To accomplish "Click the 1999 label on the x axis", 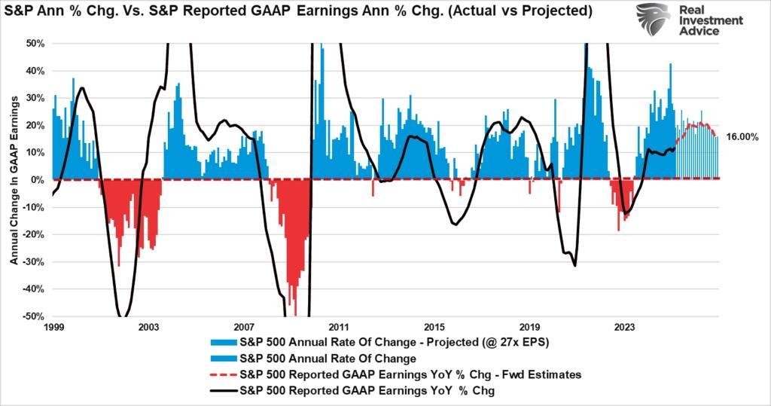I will click(53, 328).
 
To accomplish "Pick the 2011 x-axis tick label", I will click(339, 328).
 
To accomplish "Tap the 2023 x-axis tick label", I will click(624, 328).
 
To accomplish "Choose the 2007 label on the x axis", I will click(243, 328).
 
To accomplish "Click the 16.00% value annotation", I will click(742, 137).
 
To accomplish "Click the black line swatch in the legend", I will click(218, 390).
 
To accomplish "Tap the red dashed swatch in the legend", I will click(218, 374).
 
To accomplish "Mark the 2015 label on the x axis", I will click(434, 328).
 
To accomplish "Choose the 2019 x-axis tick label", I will click(529, 328).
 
